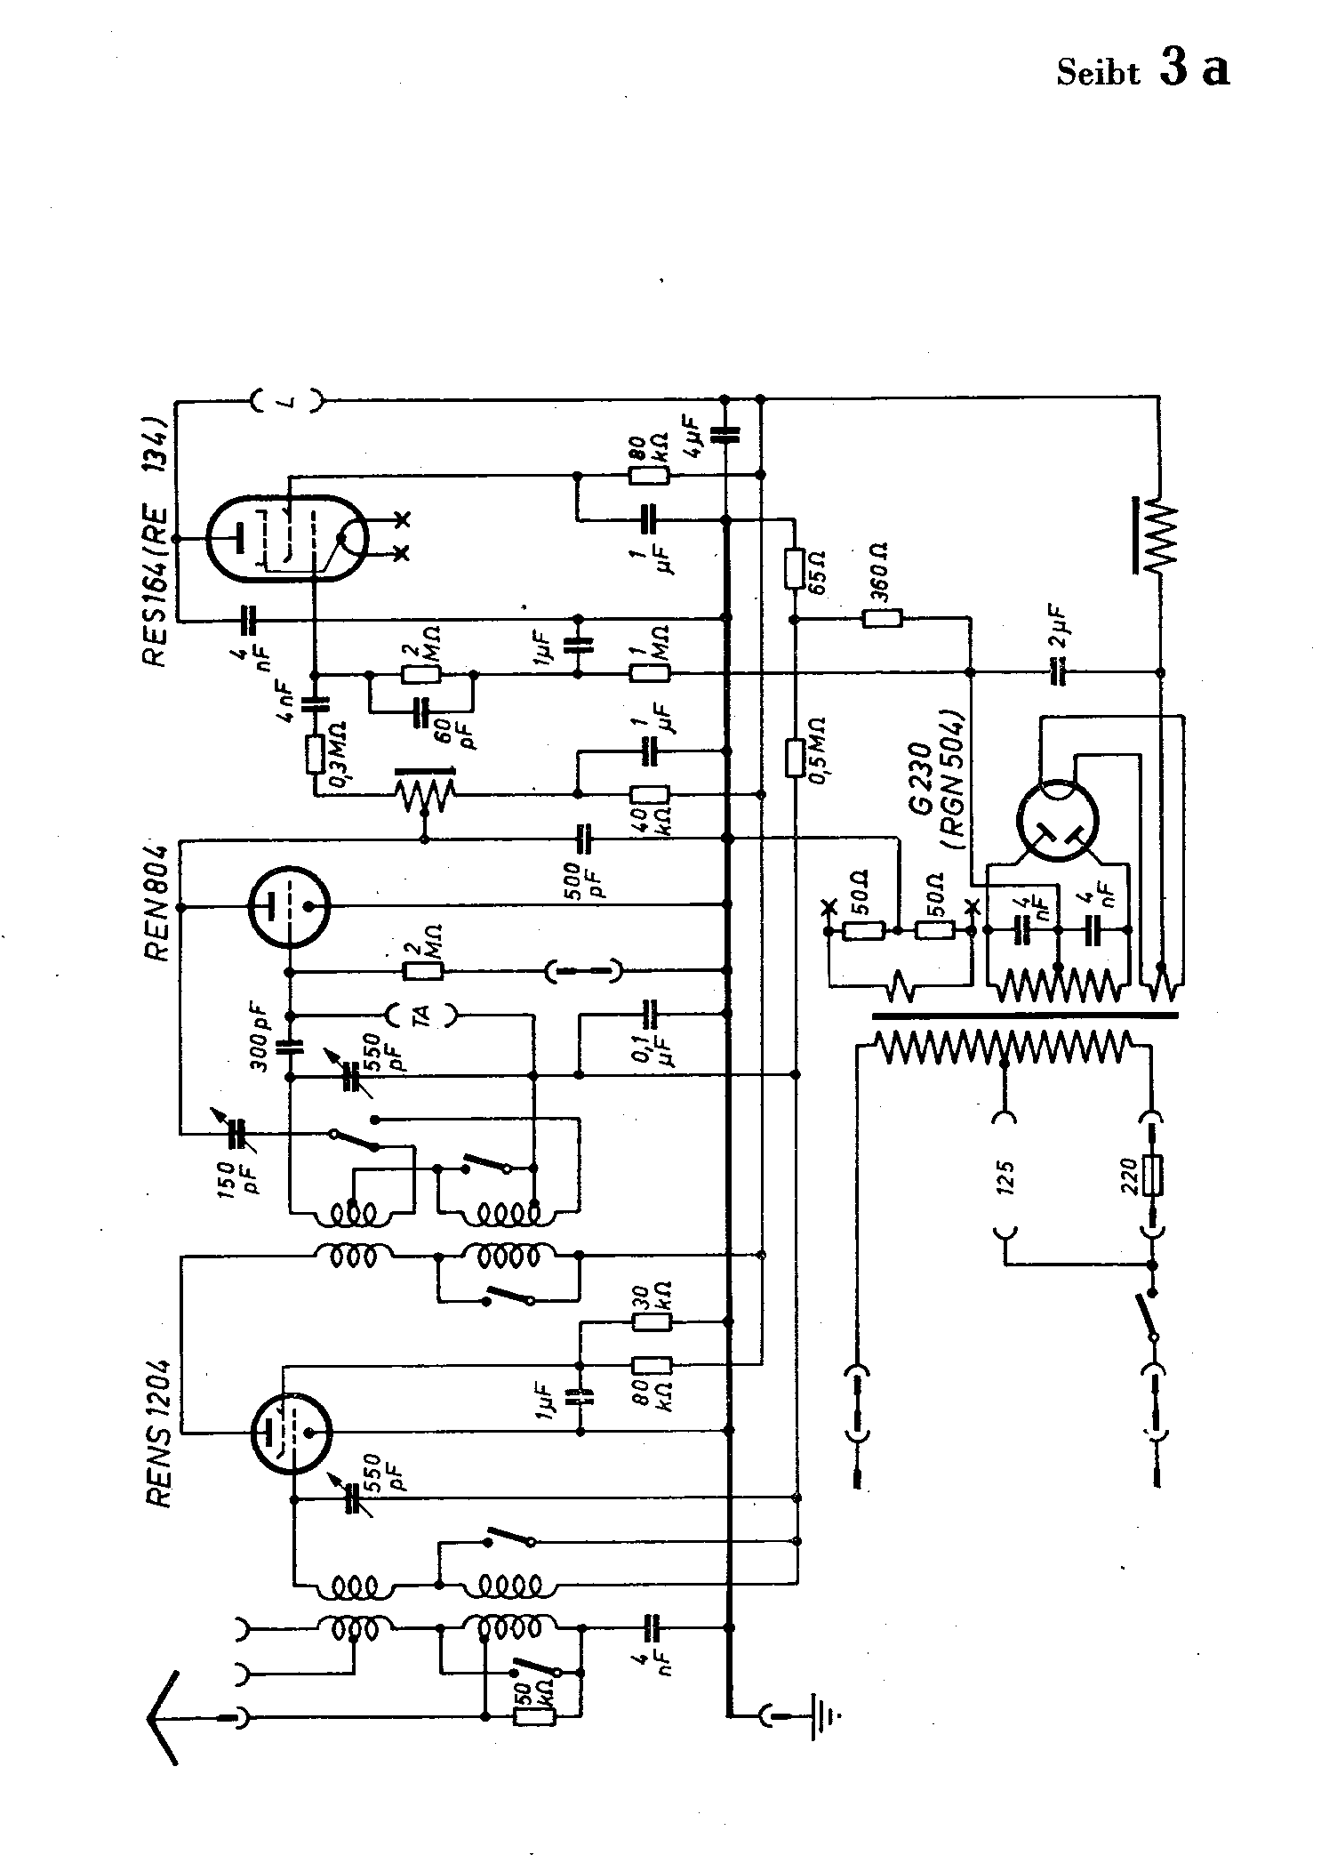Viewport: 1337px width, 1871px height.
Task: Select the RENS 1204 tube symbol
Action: [x=290, y=1433]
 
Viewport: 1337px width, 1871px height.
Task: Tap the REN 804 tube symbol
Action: [x=290, y=907]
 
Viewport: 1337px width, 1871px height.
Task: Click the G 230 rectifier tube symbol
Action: [x=1057, y=823]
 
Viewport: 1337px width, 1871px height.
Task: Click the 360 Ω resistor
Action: [x=881, y=619]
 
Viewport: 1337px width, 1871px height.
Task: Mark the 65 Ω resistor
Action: [x=795, y=569]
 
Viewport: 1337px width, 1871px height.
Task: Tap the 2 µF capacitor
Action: [x=1057, y=673]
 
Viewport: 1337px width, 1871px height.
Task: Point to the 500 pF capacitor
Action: [x=583, y=837]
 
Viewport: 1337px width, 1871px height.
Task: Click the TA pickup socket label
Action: [x=422, y=1013]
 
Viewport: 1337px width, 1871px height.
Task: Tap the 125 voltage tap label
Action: [x=1006, y=1176]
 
